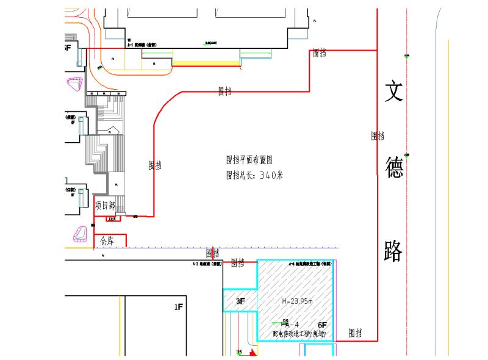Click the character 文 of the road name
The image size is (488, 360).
pyautogui.click(x=393, y=93)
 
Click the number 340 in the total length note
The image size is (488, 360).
pyautogui.click(x=268, y=176)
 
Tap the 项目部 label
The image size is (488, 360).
pyautogui.click(x=105, y=206)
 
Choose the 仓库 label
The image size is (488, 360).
pyautogui.click(x=107, y=241)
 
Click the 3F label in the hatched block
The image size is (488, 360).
pyautogui.click(x=240, y=301)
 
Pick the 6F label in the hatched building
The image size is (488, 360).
pyautogui.click(x=323, y=325)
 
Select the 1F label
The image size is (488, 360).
pyautogui.click(x=178, y=307)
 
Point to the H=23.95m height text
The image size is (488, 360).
pyautogui.click(x=297, y=301)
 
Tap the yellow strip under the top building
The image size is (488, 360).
pyautogui.click(x=206, y=62)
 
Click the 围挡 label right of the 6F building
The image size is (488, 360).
pyautogui.click(x=355, y=333)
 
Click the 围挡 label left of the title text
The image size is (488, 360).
pyautogui.click(x=155, y=165)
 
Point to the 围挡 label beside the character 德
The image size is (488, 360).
pyautogui.click(x=377, y=135)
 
